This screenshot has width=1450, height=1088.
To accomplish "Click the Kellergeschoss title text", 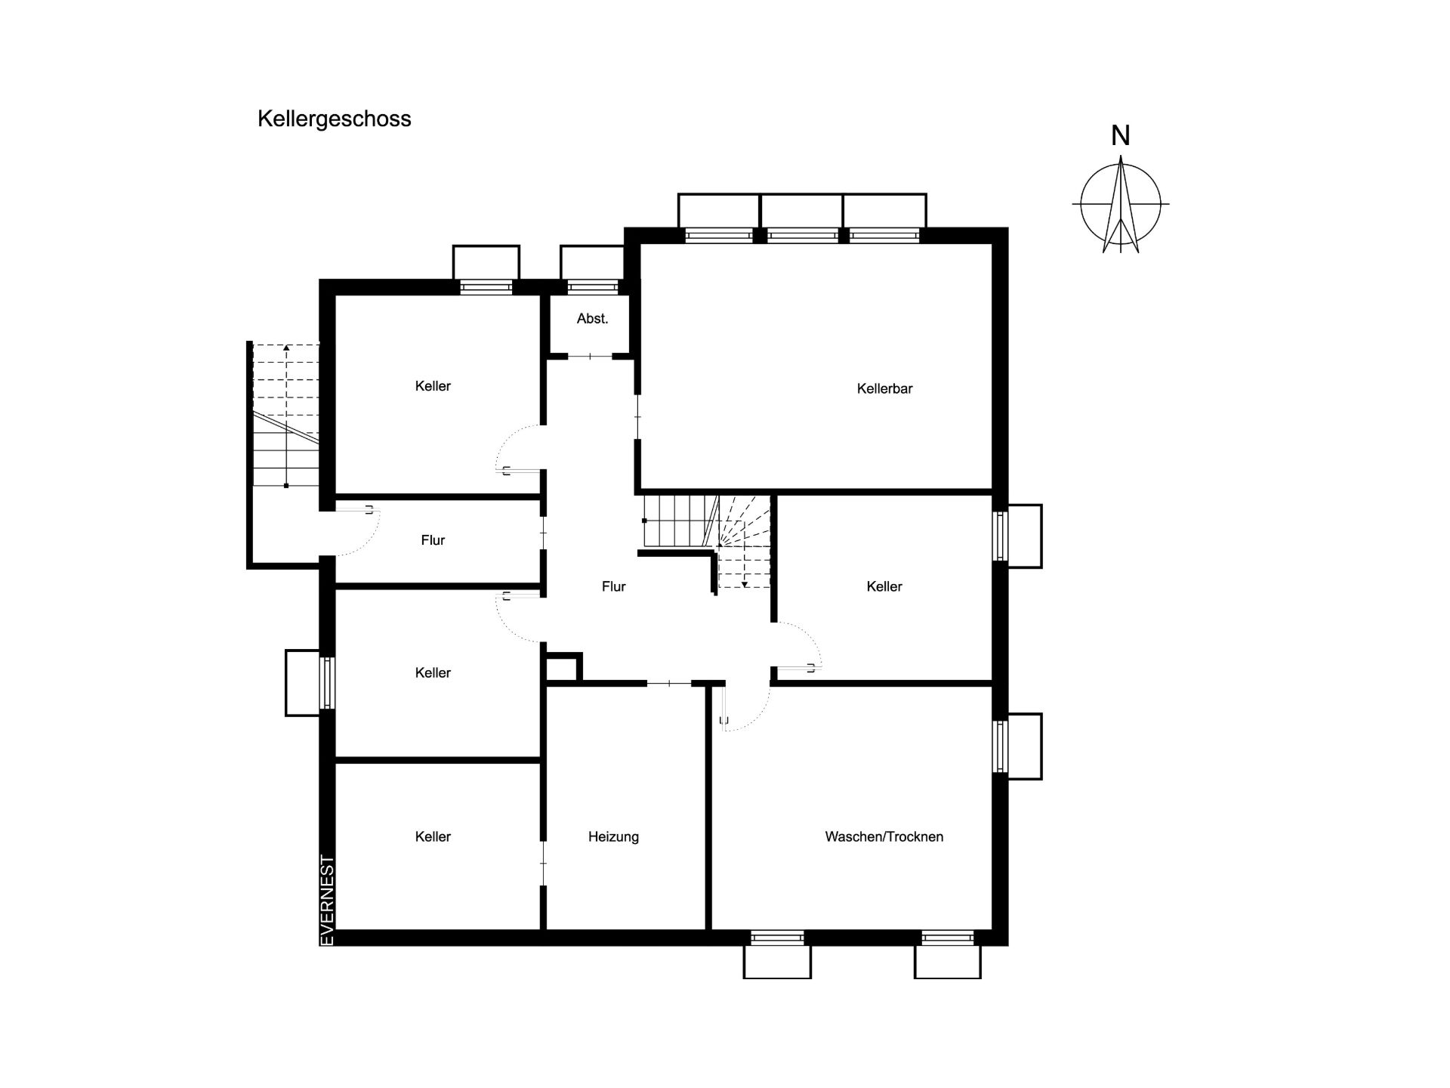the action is pos(335,119).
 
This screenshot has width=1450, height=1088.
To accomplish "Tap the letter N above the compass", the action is pos(1121,136).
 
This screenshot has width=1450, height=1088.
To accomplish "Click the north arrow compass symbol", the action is pos(1121,204).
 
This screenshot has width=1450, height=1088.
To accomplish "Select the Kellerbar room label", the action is pos(884,389).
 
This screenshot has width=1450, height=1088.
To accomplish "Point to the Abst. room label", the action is pos(592,319).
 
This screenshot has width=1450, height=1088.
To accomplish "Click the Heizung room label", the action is pos(613,837).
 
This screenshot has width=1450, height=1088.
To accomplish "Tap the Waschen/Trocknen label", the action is pos(884,837).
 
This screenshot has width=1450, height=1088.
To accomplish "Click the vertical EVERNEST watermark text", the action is pos(328,899).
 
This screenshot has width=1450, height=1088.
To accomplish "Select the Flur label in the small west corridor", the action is pos(433,540).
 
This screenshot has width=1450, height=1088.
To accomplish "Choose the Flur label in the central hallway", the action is pos(613,586).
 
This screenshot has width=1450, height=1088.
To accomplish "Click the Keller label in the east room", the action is pos(884,586).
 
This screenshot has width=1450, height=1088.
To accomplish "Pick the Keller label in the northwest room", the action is pos(433,386).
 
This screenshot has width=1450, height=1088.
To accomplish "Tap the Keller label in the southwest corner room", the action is pos(433,837).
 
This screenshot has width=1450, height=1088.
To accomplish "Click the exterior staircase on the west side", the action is pos(285,415).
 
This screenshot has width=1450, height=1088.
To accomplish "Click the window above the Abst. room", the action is pos(592,287).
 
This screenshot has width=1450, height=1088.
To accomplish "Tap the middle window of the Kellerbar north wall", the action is pos(802,235).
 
